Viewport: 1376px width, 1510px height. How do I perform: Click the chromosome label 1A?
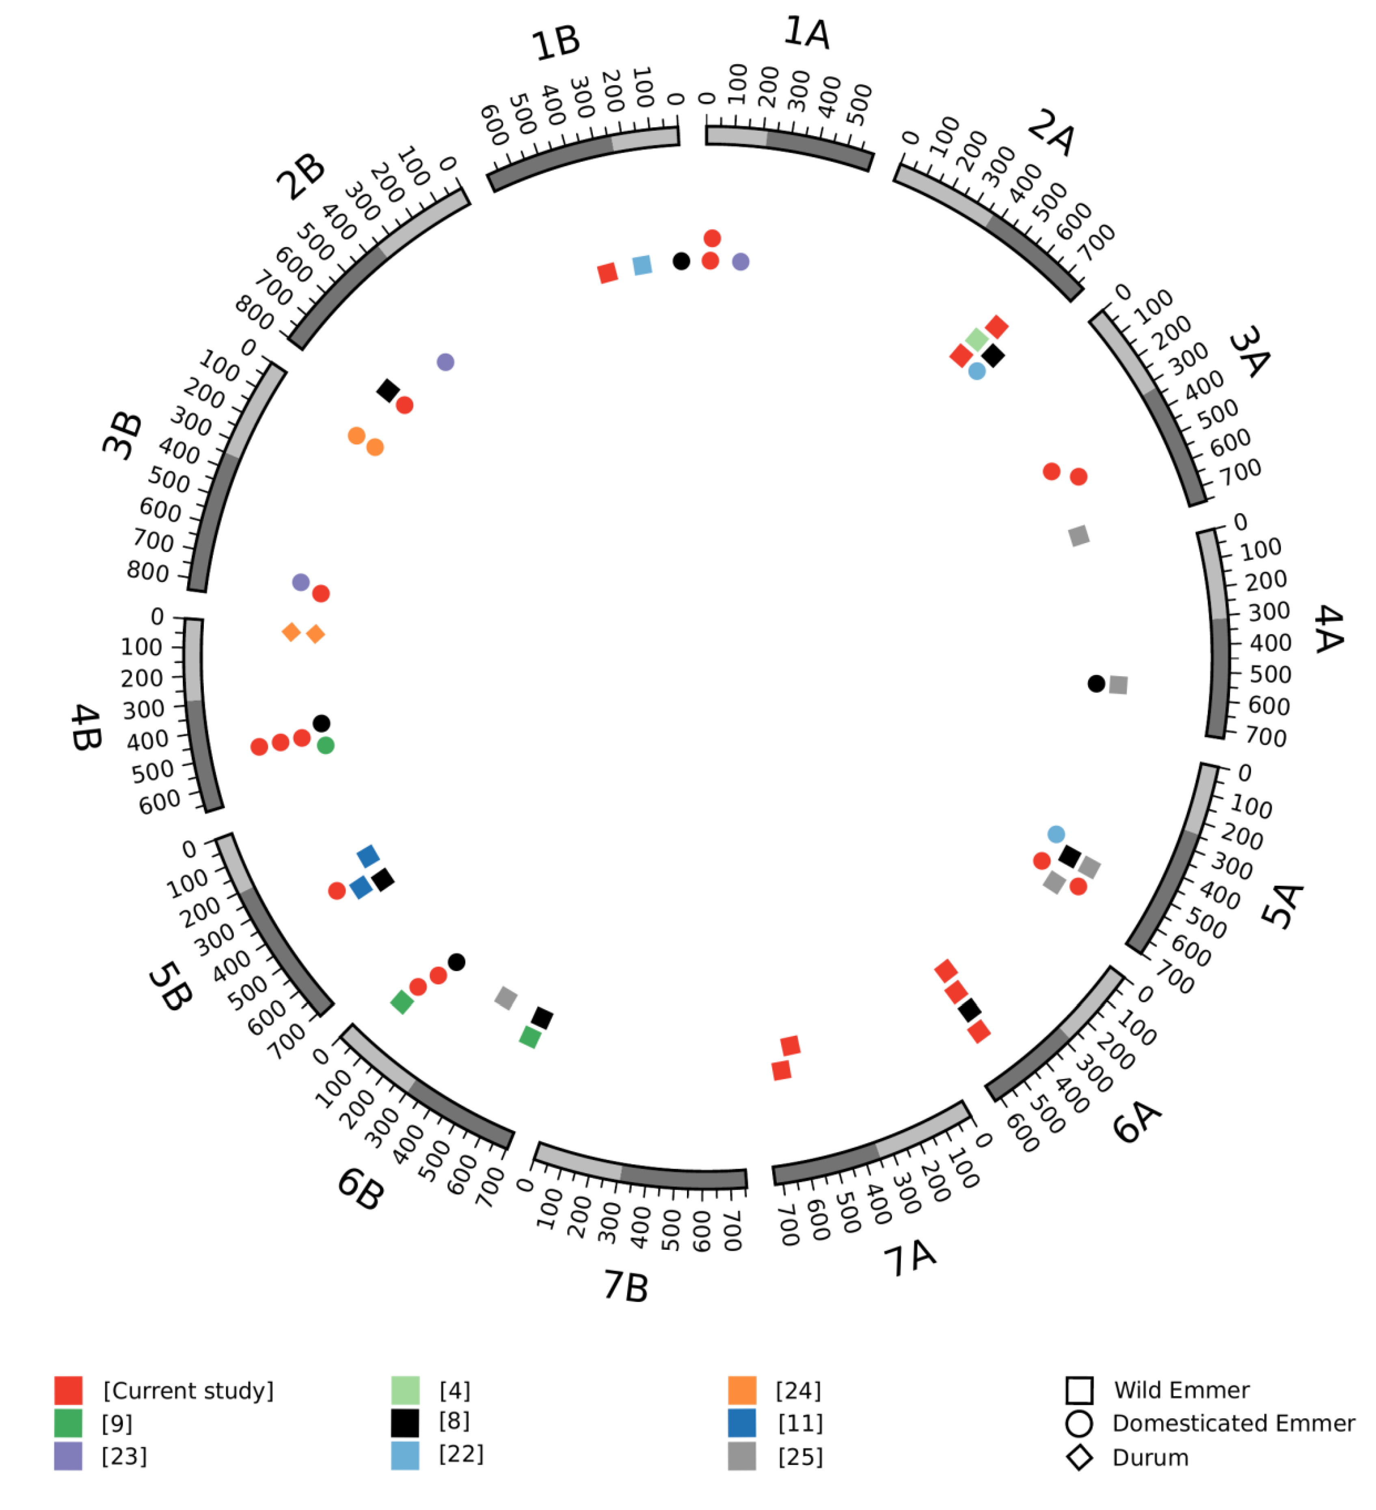pos(807,34)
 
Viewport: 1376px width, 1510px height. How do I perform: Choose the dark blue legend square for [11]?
pos(741,1423)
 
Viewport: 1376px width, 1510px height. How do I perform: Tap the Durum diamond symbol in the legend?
pos(1079,1458)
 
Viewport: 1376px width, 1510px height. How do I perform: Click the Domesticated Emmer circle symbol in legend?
pos(1079,1424)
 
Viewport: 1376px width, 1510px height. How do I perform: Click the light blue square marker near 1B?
pos(642,265)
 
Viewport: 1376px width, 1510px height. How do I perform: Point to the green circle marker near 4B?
pos(325,745)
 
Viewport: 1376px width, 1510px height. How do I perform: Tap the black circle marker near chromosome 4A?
pos(1096,683)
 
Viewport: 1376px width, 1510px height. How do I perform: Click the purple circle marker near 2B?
pos(445,362)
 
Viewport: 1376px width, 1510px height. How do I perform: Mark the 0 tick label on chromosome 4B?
pos(157,617)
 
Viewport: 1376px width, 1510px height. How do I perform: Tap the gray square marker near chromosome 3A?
pos(1079,535)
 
